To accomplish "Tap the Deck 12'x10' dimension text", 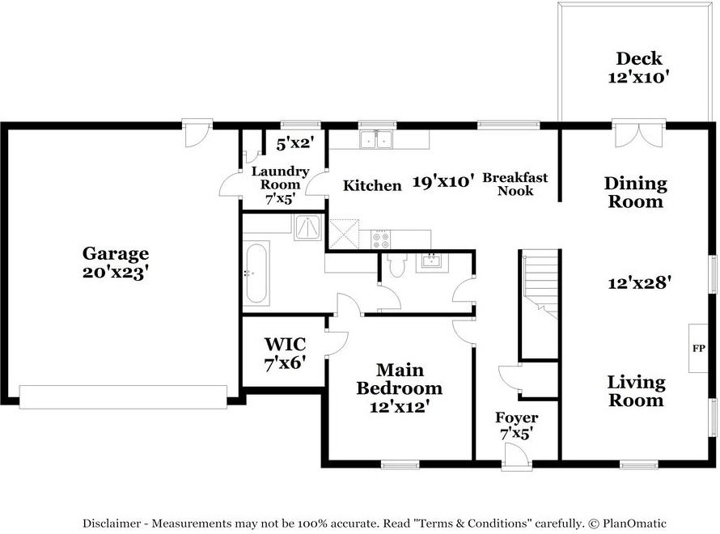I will pyautogui.click(x=638, y=78).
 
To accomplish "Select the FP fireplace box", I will pyautogui.click(x=698, y=349).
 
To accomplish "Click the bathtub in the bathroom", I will pyautogui.click(x=256, y=273).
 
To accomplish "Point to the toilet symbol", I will pyautogui.click(x=396, y=265).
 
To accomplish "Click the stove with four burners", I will pyautogui.click(x=379, y=239).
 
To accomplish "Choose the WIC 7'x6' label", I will pyautogui.click(x=284, y=354).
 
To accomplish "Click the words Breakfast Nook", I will pyautogui.click(x=515, y=184).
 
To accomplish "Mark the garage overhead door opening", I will pyautogui.click(x=123, y=396).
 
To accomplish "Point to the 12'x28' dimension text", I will pyautogui.click(x=640, y=282).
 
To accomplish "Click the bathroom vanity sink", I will pyautogui.click(x=430, y=261).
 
